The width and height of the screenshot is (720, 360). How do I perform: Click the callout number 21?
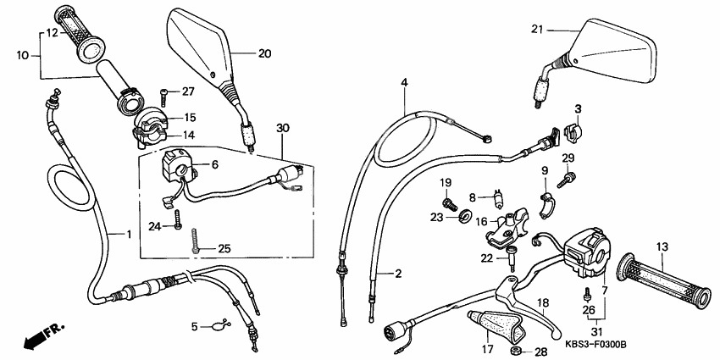tap(535, 30)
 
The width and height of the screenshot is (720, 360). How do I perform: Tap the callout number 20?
tap(264, 53)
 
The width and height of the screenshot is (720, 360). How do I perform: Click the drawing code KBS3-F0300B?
tap(594, 345)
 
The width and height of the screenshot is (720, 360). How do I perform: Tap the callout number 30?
tap(282, 128)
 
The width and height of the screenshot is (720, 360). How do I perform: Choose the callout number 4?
tap(405, 82)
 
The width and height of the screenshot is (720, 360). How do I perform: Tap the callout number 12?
tap(52, 33)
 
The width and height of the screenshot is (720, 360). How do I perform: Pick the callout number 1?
tap(129, 233)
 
